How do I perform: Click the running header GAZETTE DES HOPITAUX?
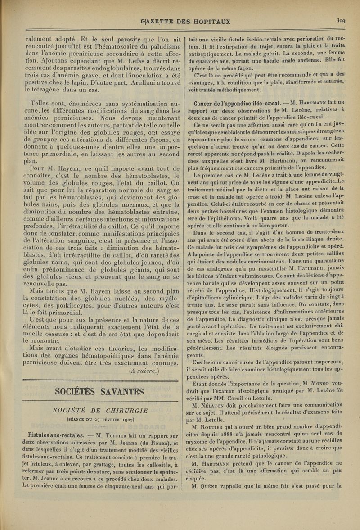(180, 21)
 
